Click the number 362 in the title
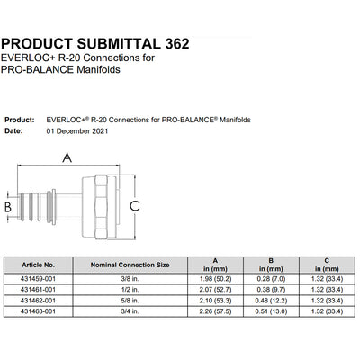tap(177, 44)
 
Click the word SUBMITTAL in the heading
tap(119, 44)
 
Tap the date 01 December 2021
tap(77, 131)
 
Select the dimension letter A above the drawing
tap(67, 157)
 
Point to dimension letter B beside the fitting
tap(8, 207)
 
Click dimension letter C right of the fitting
tap(135, 206)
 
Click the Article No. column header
tap(38, 265)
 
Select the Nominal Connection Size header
tap(130, 265)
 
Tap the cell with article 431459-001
tap(38, 279)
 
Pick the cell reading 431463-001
tap(38, 311)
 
